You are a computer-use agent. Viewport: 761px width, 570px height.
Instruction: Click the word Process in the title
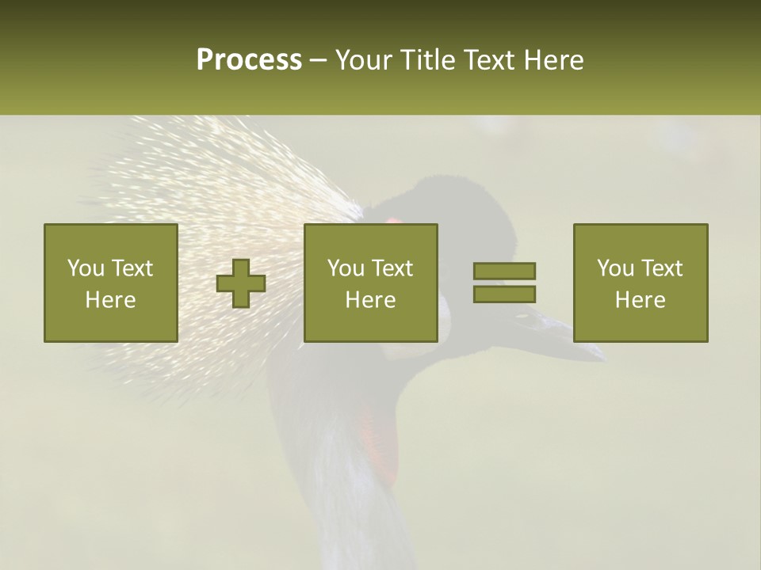point(249,59)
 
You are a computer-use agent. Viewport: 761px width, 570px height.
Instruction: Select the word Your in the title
point(363,61)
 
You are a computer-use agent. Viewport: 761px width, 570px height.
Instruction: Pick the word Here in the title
point(554,59)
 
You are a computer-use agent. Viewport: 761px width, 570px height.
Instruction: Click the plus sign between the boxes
point(241,283)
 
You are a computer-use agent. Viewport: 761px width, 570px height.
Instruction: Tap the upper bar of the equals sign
point(504,271)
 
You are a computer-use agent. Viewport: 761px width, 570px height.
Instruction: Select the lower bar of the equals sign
point(504,294)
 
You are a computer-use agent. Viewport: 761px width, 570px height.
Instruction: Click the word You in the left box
point(86,268)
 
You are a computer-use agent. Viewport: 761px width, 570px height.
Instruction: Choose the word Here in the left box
point(110,300)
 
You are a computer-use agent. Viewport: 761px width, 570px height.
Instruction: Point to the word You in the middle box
point(346,268)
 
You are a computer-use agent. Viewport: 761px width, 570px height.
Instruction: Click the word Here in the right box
point(640,300)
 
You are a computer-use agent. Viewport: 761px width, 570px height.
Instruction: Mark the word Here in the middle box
point(370,300)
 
